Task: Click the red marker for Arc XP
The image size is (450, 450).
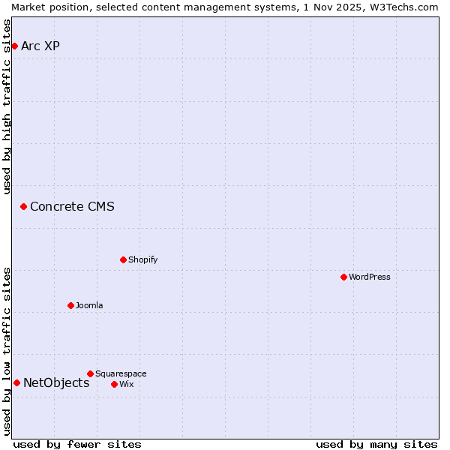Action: click(14, 46)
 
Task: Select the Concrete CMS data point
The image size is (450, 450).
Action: click(23, 206)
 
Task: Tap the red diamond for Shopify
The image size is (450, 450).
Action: click(123, 260)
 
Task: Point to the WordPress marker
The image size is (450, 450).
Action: click(343, 277)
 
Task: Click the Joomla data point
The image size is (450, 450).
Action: click(70, 305)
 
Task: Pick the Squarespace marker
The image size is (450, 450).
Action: click(90, 373)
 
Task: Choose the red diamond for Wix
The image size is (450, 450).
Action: click(114, 384)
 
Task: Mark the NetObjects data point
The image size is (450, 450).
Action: click(16, 383)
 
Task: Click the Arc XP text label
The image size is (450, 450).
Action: click(40, 46)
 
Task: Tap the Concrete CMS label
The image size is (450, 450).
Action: click(72, 206)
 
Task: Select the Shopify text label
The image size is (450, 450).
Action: click(142, 260)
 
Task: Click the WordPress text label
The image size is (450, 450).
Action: click(369, 277)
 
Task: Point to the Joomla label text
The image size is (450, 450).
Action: click(89, 305)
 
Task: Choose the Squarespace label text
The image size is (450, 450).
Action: click(121, 373)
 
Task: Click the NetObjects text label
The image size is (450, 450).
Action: click(56, 383)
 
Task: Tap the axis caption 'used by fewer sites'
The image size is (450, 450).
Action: click(77, 444)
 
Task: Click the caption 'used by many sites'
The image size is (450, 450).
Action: click(376, 444)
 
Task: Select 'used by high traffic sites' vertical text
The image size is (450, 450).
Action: click(7, 106)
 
